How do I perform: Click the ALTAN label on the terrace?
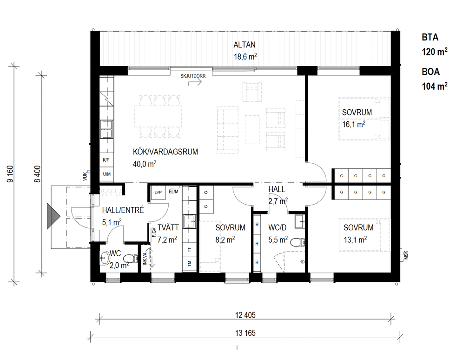pos(245,45)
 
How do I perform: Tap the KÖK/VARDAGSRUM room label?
pos(165,152)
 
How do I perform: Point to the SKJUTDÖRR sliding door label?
pos(193,76)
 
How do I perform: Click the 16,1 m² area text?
pos(354,124)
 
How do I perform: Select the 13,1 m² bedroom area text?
pos(355,240)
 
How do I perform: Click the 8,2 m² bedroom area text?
pos(225,240)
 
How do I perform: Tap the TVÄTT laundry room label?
pos(168,227)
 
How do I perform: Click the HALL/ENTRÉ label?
pos(123,210)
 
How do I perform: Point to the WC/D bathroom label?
pos(277,227)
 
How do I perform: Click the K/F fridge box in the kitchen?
pos(106,160)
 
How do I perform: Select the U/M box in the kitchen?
pos(106,174)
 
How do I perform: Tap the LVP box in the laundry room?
pos(158,192)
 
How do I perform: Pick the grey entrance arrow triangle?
pos(53,216)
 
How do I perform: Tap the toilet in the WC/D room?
pos(297,242)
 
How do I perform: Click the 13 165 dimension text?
pos(245,333)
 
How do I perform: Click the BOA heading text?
pos(430,72)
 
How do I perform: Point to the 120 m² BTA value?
pos(435,52)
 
